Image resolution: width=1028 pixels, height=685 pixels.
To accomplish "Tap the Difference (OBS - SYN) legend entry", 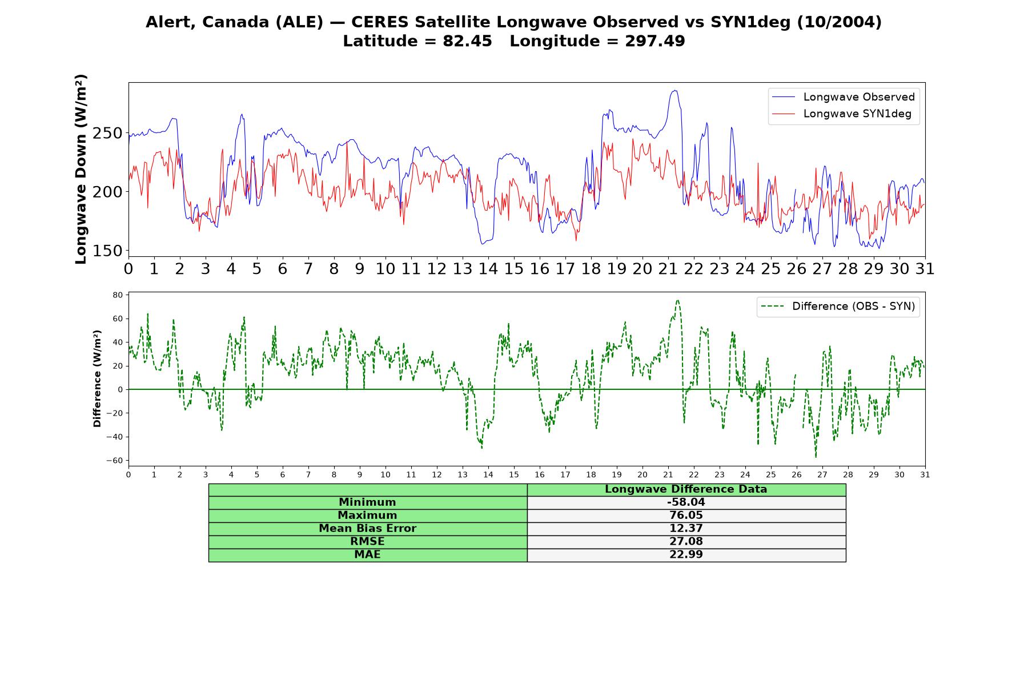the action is click(x=838, y=307).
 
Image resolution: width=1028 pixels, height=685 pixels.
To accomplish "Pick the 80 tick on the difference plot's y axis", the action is click(x=118, y=295).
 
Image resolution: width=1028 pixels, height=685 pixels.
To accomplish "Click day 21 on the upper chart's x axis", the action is click(x=668, y=268).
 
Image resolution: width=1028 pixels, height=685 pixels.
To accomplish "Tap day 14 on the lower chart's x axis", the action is click(x=488, y=474).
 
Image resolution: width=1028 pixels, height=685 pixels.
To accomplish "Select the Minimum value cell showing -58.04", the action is click(x=686, y=502).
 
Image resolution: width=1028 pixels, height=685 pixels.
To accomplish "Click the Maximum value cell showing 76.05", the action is click(x=686, y=515).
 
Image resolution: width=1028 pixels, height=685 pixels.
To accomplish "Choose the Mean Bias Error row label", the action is click(x=367, y=529).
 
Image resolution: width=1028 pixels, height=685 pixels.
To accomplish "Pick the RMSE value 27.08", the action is click(x=686, y=542).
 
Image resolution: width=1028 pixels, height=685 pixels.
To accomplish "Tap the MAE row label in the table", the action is click(x=367, y=555).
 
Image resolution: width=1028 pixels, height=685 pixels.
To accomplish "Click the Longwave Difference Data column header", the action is click(x=686, y=489).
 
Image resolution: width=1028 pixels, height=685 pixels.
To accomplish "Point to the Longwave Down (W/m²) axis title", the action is click(x=81, y=169).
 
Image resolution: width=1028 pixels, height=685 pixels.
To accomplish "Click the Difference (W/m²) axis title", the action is click(x=97, y=378).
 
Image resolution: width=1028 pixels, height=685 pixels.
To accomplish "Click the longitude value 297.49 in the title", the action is click(x=654, y=41).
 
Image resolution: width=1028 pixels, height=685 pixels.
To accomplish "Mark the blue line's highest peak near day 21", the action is click(x=675, y=90).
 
